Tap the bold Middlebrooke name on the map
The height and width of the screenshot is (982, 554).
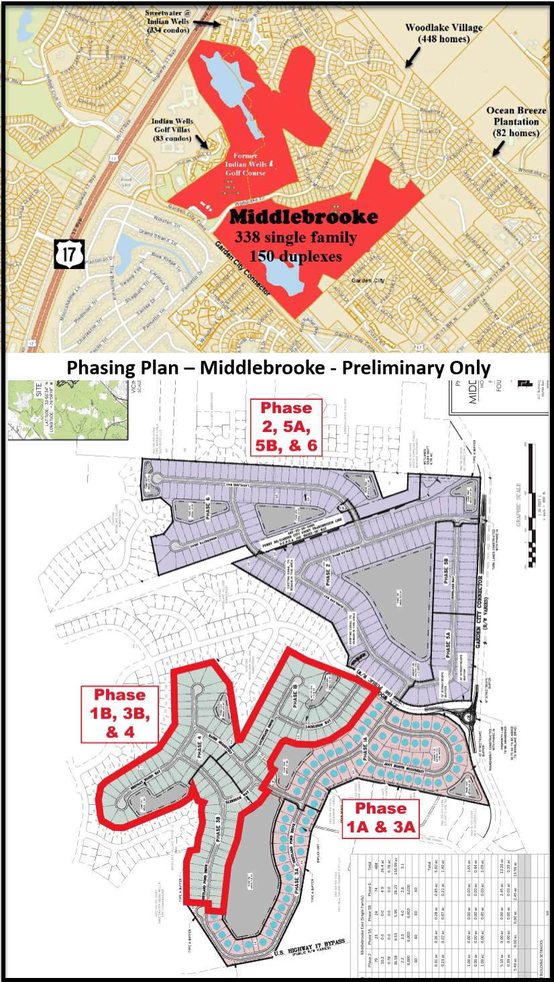pos(304,217)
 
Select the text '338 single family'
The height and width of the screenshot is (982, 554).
pos(296,237)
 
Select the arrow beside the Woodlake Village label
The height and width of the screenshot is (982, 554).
pos(410,60)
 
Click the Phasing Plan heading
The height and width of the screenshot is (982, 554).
pos(276,368)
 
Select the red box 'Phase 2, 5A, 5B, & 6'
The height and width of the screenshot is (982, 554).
pos(286,427)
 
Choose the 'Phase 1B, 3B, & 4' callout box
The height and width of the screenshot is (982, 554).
pos(120,714)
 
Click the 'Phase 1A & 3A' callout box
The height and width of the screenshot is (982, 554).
pos(380,818)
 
